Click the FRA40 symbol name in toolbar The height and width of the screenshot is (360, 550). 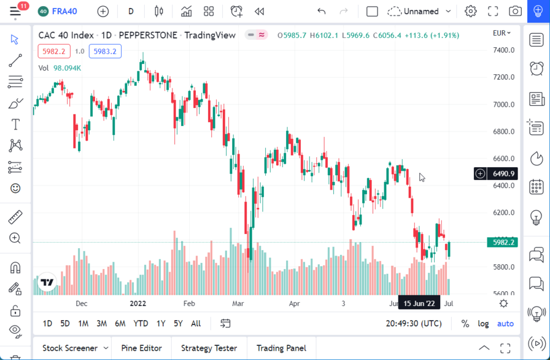click(x=64, y=11)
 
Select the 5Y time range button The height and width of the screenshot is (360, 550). click(x=178, y=324)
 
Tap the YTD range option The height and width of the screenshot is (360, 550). click(x=141, y=324)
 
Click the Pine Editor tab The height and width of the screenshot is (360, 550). click(x=141, y=348)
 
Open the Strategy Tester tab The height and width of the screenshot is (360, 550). click(x=209, y=348)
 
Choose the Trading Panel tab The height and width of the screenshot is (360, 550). click(x=281, y=348)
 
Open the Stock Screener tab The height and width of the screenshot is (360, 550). click(x=70, y=348)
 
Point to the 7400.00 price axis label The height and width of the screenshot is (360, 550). click(x=503, y=50)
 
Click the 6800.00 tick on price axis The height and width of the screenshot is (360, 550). click(x=503, y=131)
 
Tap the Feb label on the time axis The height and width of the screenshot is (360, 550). click(x=189, y=303)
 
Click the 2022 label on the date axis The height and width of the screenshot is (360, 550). click(x=138, y=303)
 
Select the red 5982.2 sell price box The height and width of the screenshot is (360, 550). click(x=54, y=52)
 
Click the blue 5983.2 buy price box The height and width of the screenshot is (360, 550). click(x=105, y=52)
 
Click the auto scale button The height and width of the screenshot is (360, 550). click(x=505, y=324)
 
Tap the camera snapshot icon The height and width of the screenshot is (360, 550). click(x=515, y=11)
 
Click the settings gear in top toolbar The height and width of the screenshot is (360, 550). click(x=471, y=11)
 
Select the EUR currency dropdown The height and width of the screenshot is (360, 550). click(x=502, y=33)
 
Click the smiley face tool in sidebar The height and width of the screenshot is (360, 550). click(x=15, y=189)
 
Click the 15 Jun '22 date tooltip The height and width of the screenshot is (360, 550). click(x=419, y=303)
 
